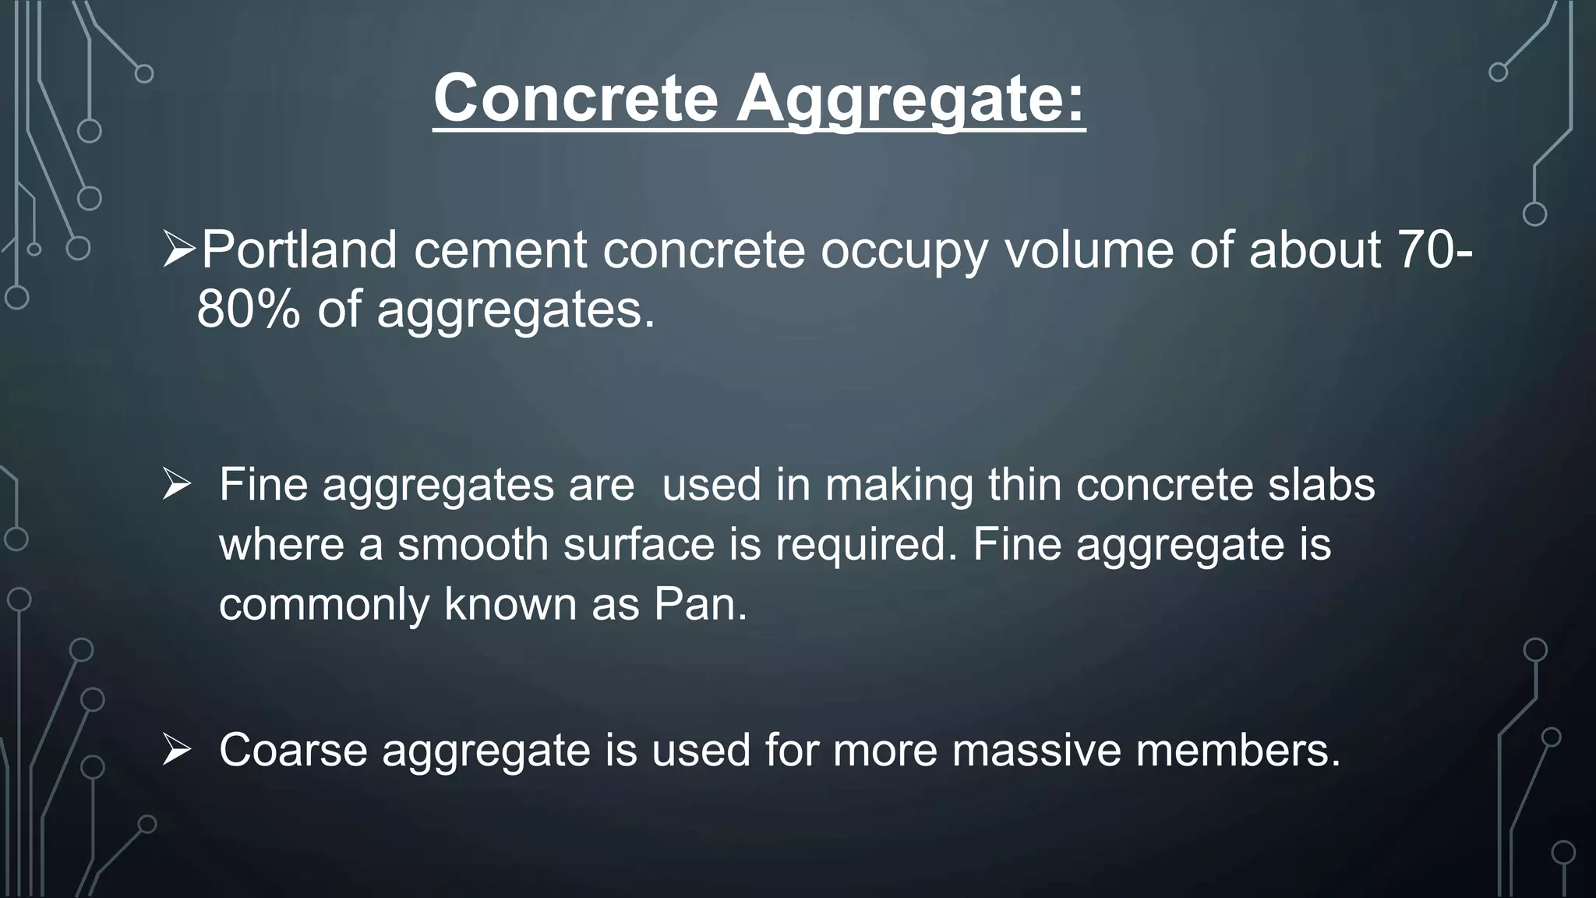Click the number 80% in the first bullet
coord(248,309)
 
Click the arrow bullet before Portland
coord(179,251)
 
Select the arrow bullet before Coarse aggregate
coord(177,750)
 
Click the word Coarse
coord(293,750)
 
